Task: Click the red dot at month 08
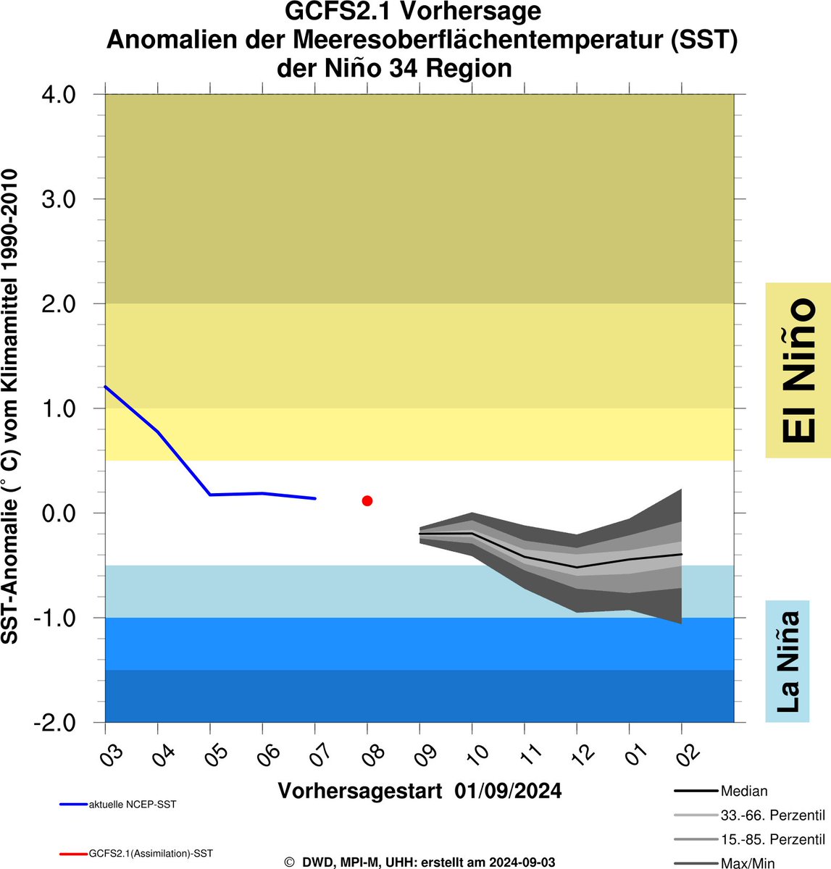pyautogui.click(x=367, y=500)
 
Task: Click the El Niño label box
pyautogui.click(x=798, y=370)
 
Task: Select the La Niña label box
pyautogui.click(x=787, y=661)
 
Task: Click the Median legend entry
pyautogui.click(x=743, y=792)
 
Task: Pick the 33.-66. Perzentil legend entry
pyautogui.click(x=772, y=815)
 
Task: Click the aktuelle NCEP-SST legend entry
pyautogui.click(x=132, y=805)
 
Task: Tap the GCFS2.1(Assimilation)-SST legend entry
pyautogui.click(x=151, y=854)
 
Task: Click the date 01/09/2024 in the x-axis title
pyautogui.click(x=509, y=790)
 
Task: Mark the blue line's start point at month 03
pyautogui.click(x=106, y=387)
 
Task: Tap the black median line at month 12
pyautogui.click(x=577, y=567)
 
